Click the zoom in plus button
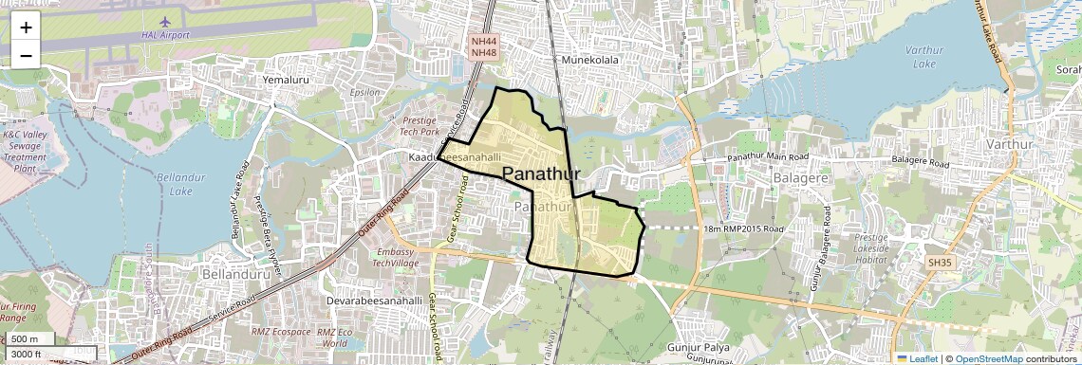[x=26, y=27]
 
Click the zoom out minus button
[x=26, y=55]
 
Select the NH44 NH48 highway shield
[x=484, y=46]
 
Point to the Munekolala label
[x=589, y=60]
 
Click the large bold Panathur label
[x=541, y=173]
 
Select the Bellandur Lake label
[x=174, y=184]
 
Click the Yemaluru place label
[x=288, y=81]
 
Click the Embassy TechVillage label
[x=397, y=258]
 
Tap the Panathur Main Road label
[x=768, y=155]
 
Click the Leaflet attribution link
[x=918, y=358]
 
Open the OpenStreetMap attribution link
[x=988, y=358]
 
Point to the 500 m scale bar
[x=27, y=339]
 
